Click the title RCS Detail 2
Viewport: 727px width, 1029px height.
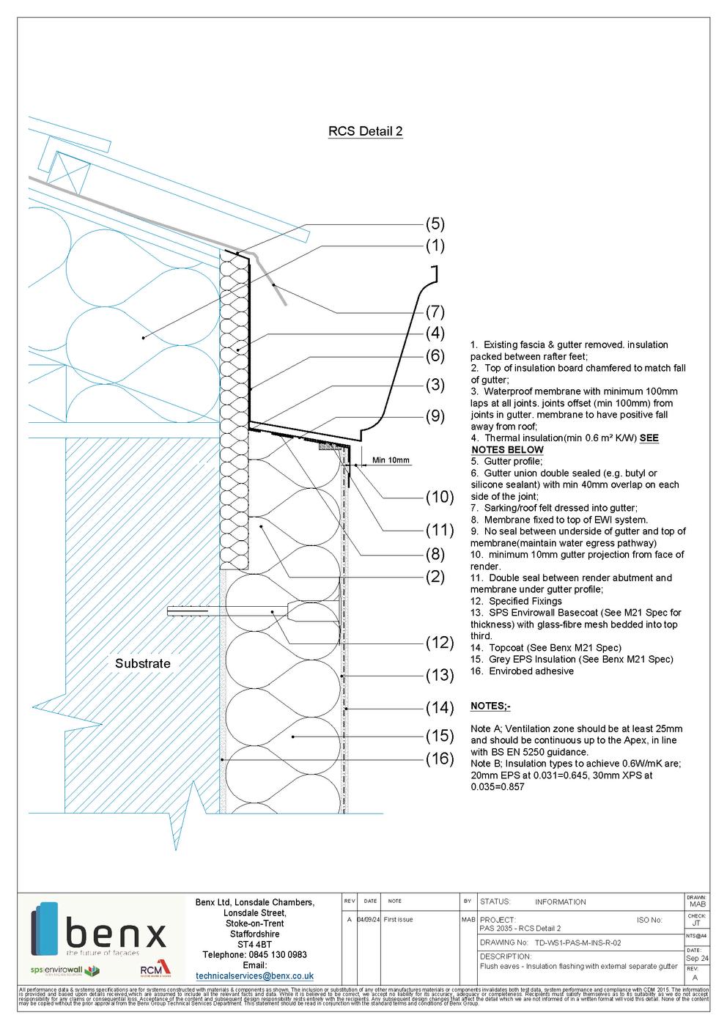click(365, 132)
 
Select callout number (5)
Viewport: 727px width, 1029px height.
click(435, 224)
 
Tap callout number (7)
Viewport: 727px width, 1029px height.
click(435, 311)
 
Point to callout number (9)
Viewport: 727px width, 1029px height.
click(435, 416)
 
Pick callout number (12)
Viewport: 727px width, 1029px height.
click(440, 643)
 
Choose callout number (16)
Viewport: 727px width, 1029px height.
click(440, 759)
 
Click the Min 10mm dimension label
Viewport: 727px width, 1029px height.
click(391, 460)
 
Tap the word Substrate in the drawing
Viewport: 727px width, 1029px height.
click(142, 664)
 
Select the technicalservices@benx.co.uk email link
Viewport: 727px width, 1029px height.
click(255, 976)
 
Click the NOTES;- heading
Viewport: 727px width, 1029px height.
click(490, 706)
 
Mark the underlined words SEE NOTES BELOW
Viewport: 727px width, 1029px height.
click(564, 444)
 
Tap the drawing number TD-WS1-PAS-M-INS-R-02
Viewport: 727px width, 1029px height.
click(578, 943)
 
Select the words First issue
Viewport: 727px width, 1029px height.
click(399, 920)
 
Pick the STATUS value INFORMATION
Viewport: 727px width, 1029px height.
click(560, 902)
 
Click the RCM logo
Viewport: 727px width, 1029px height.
click(155, 970)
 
